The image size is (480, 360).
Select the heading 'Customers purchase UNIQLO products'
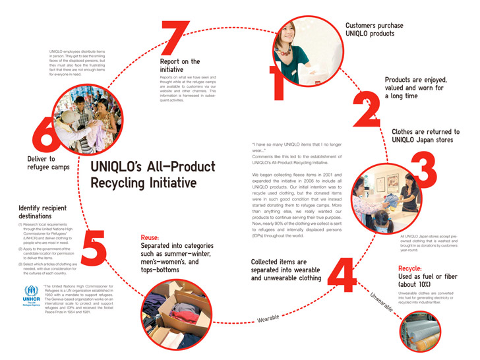tap(374, 30)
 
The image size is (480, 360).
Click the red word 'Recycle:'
tap(413, 268)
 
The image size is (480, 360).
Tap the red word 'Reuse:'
tap(153, 238)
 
